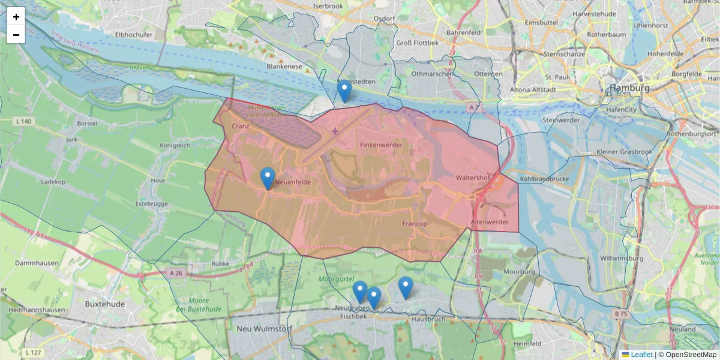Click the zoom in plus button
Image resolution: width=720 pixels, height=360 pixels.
(x=16, y=17)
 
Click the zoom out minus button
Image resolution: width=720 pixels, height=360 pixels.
(x=16, y=35)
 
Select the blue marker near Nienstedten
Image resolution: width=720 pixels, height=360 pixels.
(x=344, y=91)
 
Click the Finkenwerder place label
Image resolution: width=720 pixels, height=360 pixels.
(x=381, y=145)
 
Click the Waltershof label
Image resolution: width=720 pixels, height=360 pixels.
(x=473, y=178)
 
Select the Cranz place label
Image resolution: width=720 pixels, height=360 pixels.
(x=241, y=126)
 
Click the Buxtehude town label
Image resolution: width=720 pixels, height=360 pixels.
(x=104, y=304)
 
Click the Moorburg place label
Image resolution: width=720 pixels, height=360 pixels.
(x=519, y=271)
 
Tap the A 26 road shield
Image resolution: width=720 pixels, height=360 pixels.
(x=176, y=273)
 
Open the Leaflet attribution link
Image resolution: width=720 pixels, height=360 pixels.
(x=641, y=355)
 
